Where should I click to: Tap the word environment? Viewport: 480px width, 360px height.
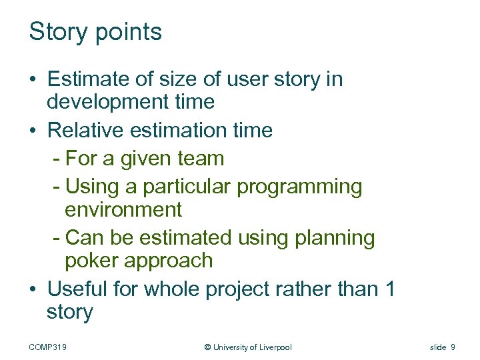pos(123,210)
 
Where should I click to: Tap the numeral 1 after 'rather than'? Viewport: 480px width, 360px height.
pos(390,289)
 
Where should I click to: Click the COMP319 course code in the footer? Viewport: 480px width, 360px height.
pos(53,347)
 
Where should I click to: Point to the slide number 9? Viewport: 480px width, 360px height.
pos(453,347)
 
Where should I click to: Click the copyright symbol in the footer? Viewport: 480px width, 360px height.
pos(207,347)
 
